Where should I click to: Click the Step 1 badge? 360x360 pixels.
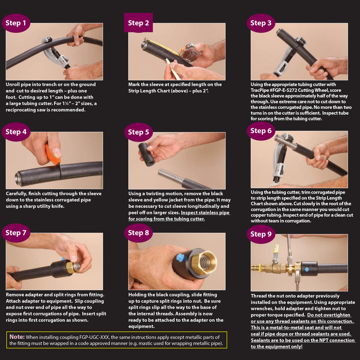click(16, 23)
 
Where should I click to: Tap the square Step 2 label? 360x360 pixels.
click(139, 22)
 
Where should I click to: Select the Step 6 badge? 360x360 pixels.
click(261, 131)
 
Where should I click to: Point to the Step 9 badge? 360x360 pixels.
click(261, 234)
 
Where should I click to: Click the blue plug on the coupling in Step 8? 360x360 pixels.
click(181, 257)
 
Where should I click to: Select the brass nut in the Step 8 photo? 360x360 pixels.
click(204, 263)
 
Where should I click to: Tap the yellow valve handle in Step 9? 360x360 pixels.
click(276, 250)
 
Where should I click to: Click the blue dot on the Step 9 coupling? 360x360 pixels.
click(307, 269)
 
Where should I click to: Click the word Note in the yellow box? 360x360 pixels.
click(17, 337)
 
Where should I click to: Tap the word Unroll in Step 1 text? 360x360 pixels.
click(13, 85)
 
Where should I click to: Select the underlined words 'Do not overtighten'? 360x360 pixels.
click(329, 315)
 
